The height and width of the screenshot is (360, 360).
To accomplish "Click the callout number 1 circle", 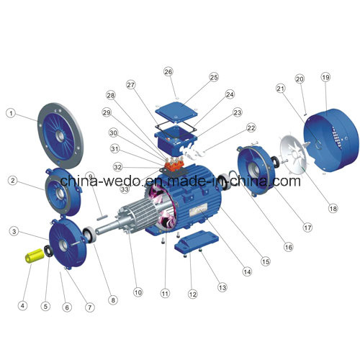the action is [11, 113].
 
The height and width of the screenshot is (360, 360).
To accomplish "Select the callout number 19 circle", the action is [325, 77].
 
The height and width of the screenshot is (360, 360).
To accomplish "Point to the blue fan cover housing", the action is [331, 140].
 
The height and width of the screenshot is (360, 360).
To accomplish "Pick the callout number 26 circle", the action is [168, 71].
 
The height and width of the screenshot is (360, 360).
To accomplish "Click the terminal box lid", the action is [176, 112].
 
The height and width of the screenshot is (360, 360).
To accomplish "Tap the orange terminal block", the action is [174, 165].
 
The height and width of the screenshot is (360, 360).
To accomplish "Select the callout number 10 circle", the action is [138, 292].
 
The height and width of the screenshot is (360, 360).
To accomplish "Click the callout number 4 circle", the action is [22, 305].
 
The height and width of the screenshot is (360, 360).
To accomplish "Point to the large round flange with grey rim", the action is [60, 135].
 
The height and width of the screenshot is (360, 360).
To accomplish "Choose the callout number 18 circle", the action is [333, 208].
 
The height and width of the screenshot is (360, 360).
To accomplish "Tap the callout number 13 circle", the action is [222, 287].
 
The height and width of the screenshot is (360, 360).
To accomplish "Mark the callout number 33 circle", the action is [125, 189].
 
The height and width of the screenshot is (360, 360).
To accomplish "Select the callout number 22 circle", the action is [251, 128].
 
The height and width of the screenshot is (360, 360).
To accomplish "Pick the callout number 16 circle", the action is [288, 247].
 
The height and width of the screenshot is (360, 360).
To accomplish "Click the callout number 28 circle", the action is [111, 95].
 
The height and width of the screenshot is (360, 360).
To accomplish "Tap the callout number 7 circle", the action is [90, 307].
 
